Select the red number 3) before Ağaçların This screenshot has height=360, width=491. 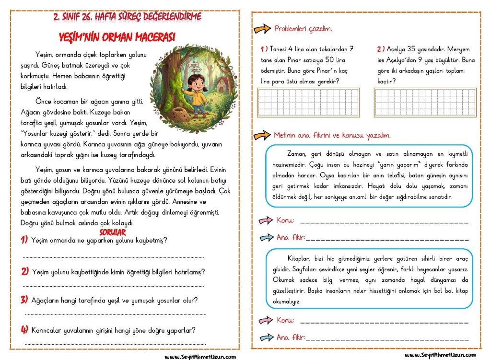tap(24, 300)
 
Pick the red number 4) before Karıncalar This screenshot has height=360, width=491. tap(24, 330)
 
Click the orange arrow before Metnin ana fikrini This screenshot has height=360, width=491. tap(262, 136)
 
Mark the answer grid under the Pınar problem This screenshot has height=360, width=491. tap(308, 102)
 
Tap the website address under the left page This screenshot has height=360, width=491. tap(200, 356)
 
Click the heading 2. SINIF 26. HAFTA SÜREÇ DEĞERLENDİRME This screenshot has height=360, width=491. tap(127, 17)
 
